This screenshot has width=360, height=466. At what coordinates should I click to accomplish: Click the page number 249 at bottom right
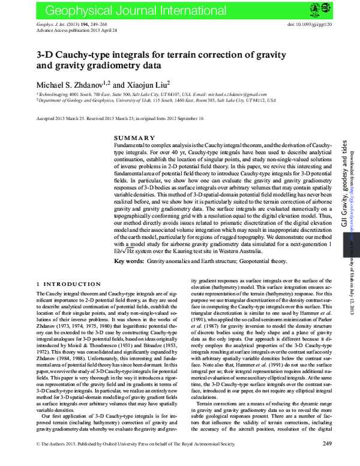(x=327, y=460)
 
